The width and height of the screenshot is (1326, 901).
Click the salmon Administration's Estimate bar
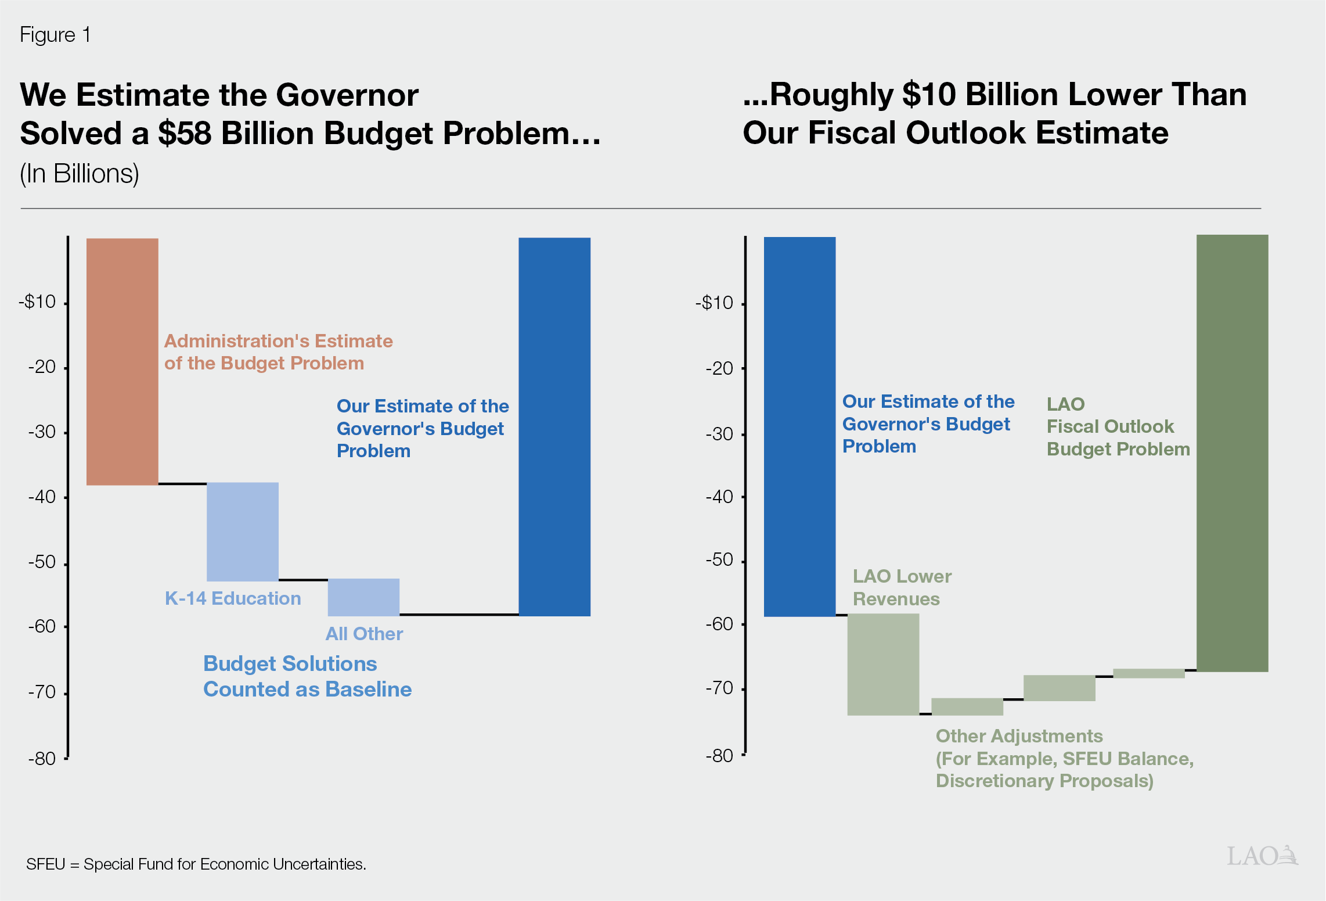pyautogui.click(x=122, y=361)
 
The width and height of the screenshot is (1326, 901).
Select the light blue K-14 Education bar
pyautogui.click(x=243, y=532)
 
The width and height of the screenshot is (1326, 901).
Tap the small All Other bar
pyautogui.click(x=363, y=597)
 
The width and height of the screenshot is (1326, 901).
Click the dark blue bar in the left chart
pyautogui.click(x=554, y=427)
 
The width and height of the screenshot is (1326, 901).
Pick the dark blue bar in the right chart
pyautogui.click(x=799, y=427)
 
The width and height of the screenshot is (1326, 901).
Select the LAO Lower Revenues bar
pyautogui.click(x=883, y=664)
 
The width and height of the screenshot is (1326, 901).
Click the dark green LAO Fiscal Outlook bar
pyautogui.click(x=1232, y=453)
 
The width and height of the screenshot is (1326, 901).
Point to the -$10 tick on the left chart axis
pyautogui.click(x=38, y=302)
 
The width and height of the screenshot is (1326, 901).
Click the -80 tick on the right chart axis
pyautogui.click(x=720, y=756)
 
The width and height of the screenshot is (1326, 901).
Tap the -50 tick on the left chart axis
pyautogui.click(x=42, y=562)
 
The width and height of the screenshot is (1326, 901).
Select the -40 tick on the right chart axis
pyautogui.click(x=720, y=497)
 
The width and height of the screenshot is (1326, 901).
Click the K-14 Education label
pyautogui.click(x=233, y=598)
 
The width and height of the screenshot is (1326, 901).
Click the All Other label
pyautogui.click(x=364, y=634)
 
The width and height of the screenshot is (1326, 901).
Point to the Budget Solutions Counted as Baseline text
pyautogui.click(x=307, y=676)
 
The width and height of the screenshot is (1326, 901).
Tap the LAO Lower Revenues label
pyautogui.click(x=902, y=587)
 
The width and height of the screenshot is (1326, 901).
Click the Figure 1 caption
pyautogui.click(x=55, y=35)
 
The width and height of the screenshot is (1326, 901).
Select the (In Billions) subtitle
pyautogui.click(x=80, y=174)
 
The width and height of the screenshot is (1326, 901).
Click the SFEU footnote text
pyautogui.click(x=196, y=864)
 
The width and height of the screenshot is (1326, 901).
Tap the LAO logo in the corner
pyautogui.click(x=1262, y=856)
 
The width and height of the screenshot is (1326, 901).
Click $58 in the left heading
pyautogui.click(x=184, y=133)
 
